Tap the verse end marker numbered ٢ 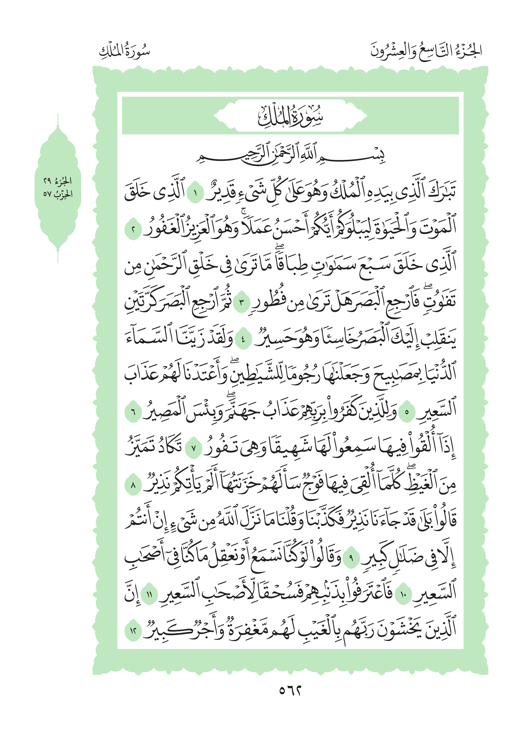pyautogui.click(x=133, y=230)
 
